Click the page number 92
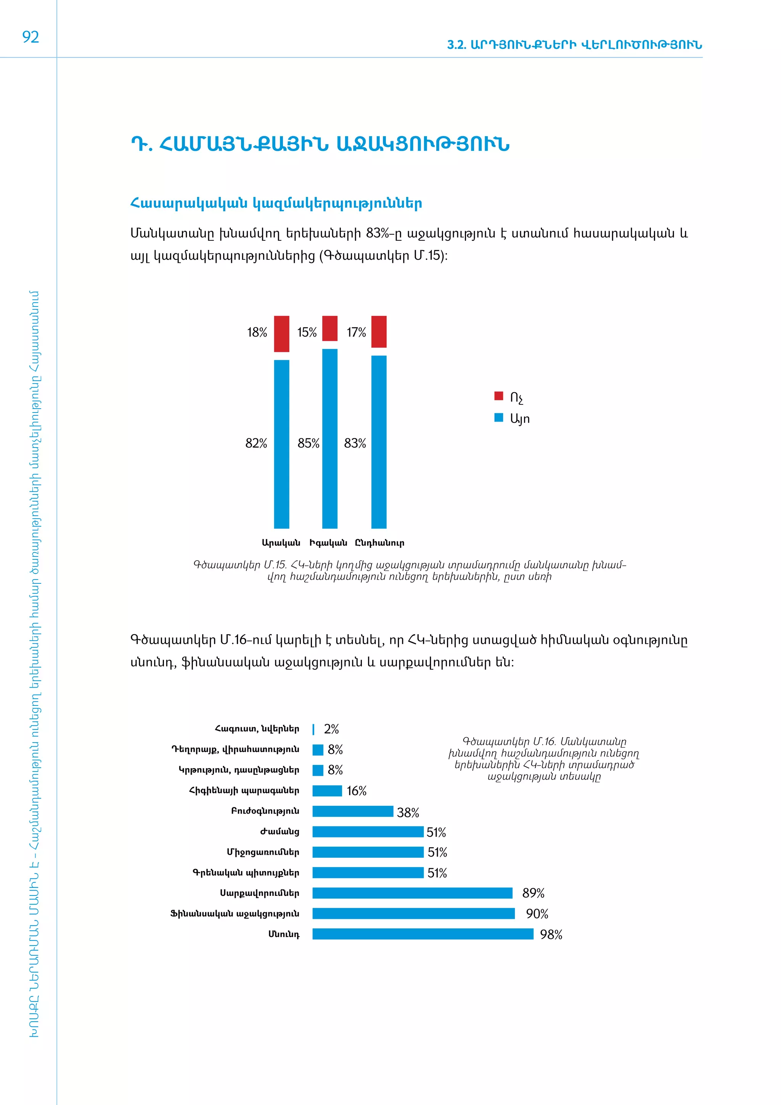tap(30, 37)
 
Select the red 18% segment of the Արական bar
tap(281, 333)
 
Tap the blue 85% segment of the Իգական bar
tap(329, 438)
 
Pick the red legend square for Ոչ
tap(499, 396)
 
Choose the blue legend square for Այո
tap(499, 417)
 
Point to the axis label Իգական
tap(328, 543)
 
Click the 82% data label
tap(256, 443)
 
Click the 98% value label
tap(551, 934)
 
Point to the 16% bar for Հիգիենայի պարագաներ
tap(327, 791)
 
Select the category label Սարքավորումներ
tap(260, 893)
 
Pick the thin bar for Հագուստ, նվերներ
tap(313, 729)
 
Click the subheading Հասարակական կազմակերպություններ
tap(276, 204)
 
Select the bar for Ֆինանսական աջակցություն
tap(414, 913)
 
